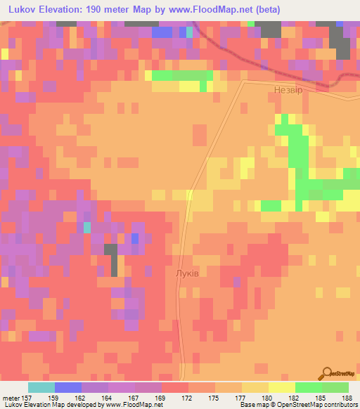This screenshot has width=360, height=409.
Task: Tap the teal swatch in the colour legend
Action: tap(41, 387)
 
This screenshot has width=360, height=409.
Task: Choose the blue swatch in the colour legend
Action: tap(67, 387)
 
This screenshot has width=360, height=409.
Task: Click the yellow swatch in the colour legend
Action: tap(281, 387)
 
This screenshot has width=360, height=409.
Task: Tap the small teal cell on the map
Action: tap(87, 227)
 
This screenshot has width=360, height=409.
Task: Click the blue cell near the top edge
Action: tap(162, 32)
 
